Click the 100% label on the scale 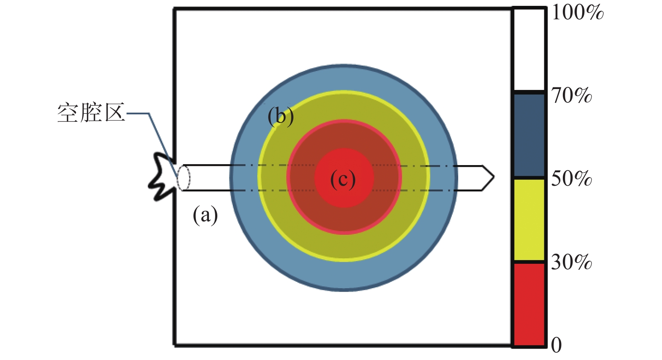pyautogui.click(x=577, y=12)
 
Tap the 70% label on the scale pyautogui.click(x=572, y=96)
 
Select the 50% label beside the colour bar pyautogui.click(x=572, y=179)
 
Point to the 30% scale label pyautogui.click(x=572, y=263)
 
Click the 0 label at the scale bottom pyautogui.click(x=556, y=345)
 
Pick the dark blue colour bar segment pyautogui.click(x=529, y=134)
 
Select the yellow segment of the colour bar pyautogui.click(x=529, y=219)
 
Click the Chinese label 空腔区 pyautogui.click(x=91, y=113)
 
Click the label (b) pyautogui.click(x=281, y=116)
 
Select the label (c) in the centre pyautogui.click(x=343, y=180)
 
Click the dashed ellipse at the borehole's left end pyautogui.click(x=183, y=178)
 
